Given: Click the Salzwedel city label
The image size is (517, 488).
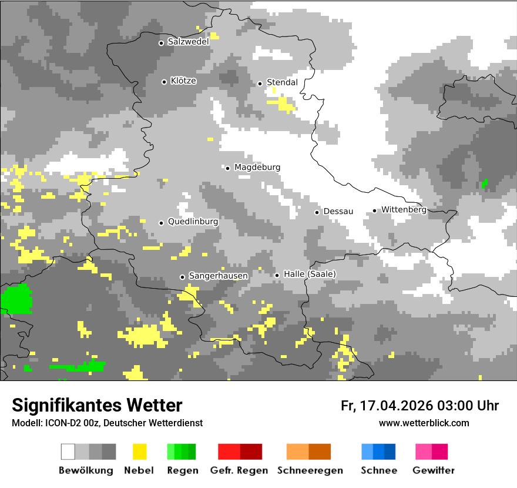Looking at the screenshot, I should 188,42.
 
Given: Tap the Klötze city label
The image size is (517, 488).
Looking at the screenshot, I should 183,81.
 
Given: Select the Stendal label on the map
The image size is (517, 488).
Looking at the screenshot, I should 282,82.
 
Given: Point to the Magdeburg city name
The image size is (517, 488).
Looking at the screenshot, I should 257,168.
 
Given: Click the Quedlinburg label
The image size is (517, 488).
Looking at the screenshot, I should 193,222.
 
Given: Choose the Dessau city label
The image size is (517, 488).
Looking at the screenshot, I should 338,211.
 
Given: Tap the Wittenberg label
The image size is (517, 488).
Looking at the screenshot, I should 404,210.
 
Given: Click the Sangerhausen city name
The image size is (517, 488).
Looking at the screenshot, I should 218,276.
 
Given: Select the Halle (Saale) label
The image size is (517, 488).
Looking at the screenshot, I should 310,274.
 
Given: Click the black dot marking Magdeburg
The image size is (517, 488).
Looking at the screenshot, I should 228,168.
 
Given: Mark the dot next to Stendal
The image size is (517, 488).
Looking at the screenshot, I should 260,83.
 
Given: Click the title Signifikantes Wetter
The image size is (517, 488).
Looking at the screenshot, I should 97,405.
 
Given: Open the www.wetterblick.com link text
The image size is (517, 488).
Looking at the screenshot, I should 424,423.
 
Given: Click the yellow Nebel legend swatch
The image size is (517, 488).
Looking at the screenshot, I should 139,452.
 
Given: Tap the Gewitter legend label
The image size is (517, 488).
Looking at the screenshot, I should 433,470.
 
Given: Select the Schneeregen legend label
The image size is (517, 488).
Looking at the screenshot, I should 310,470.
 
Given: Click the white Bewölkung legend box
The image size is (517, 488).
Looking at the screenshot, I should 68,452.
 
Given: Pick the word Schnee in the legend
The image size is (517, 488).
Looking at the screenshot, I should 378,470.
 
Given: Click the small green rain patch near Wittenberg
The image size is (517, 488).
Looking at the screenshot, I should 484,185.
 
